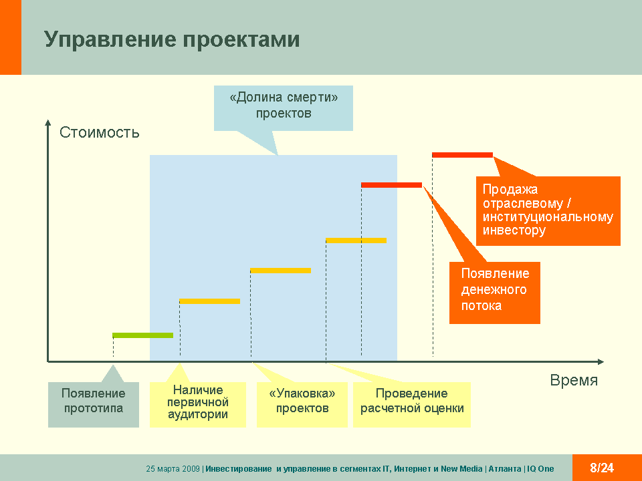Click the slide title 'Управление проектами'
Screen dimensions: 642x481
(172, 40)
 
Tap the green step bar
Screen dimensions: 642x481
(143, 335)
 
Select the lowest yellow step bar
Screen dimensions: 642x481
(209, 301)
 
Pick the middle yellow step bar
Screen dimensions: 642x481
(280, 271)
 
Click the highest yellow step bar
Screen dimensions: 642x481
(356, 240)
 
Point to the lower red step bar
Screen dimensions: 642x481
(391, 185)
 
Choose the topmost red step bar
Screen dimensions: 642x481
(462, 155)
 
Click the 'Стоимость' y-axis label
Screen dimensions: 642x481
(100, 132)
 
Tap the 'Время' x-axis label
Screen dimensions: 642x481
(574, 380)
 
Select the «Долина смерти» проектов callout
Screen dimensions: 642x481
(284, 108)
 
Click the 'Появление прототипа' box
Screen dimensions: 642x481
(94, 405)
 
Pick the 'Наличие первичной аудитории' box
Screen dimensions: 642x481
(198, 405)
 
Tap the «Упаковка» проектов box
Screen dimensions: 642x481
(302, 405)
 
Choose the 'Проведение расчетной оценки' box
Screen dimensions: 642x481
(412, 405)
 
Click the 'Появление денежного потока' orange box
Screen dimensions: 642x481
(495, 293)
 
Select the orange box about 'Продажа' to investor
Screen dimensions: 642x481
(548, 211)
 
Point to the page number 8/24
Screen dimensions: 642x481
(602, 468)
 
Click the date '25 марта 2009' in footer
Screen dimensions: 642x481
(173, 469)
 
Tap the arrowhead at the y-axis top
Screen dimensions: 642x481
(48, 122)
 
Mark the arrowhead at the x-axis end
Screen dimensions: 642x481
(601, 361)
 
